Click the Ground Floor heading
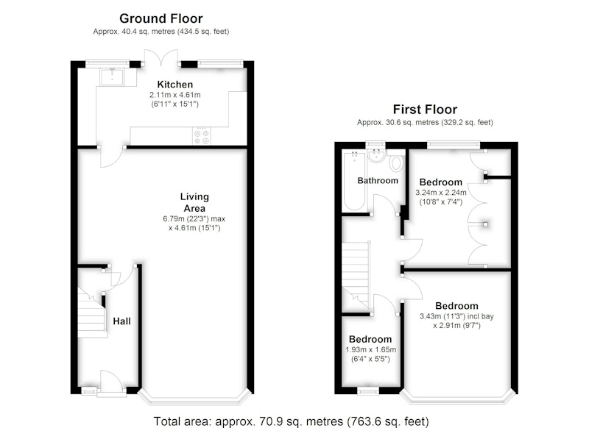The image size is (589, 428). click(x=161, y=18)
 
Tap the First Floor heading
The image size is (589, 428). click(x=425, y=110)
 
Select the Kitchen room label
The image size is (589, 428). click(x=175, y=85)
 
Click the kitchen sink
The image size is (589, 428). click(x=112, y=77)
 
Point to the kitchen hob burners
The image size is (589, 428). click(x=202, y=136)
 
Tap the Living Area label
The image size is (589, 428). click(x=194, y=202)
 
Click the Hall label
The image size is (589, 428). click(x=121, y=321)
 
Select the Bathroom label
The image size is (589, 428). click(x=378, y=181)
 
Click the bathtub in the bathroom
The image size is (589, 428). click(x=354, y=181)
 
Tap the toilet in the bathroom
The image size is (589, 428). click(x=396, y=163)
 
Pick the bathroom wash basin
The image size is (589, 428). click(x=377, y=156)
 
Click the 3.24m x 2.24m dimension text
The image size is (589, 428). click(x=440, y=193)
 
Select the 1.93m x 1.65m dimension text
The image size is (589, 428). click(x=371, y=349)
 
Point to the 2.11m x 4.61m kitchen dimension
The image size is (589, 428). click(x=175, y=95)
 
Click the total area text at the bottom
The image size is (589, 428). click(x=291, y=421)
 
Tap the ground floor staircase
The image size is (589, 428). click(x=91, y=313)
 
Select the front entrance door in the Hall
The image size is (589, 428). click(x=112, y=382)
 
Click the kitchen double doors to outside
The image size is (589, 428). click(x=161, y=58)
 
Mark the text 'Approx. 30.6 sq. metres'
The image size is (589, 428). click(x=398, y=122)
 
